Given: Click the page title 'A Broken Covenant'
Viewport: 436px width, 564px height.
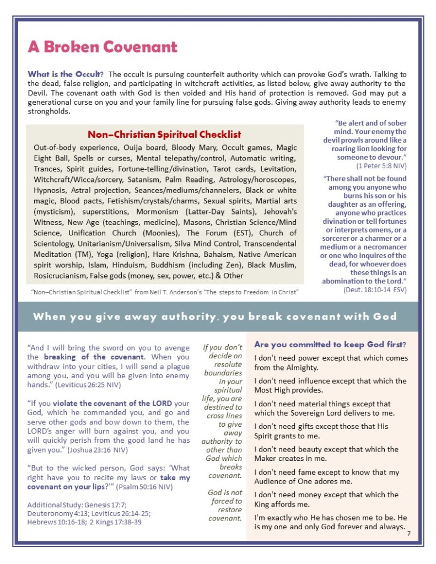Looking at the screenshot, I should click(x=103, y=47).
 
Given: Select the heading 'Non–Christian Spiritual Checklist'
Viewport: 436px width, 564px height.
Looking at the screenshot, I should click(x=164, y=135).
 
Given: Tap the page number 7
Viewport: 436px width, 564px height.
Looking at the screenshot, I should click(x=408, y=534).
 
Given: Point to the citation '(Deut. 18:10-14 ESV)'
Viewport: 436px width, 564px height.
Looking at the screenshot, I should click(x=375, y=289).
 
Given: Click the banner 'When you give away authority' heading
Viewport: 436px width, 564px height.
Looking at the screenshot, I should click(x=215, y=316).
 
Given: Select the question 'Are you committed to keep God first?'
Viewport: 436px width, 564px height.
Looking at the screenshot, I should click(x=330, y=345).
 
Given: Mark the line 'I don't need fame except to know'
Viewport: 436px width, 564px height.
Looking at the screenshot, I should click(x=327, y=472).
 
